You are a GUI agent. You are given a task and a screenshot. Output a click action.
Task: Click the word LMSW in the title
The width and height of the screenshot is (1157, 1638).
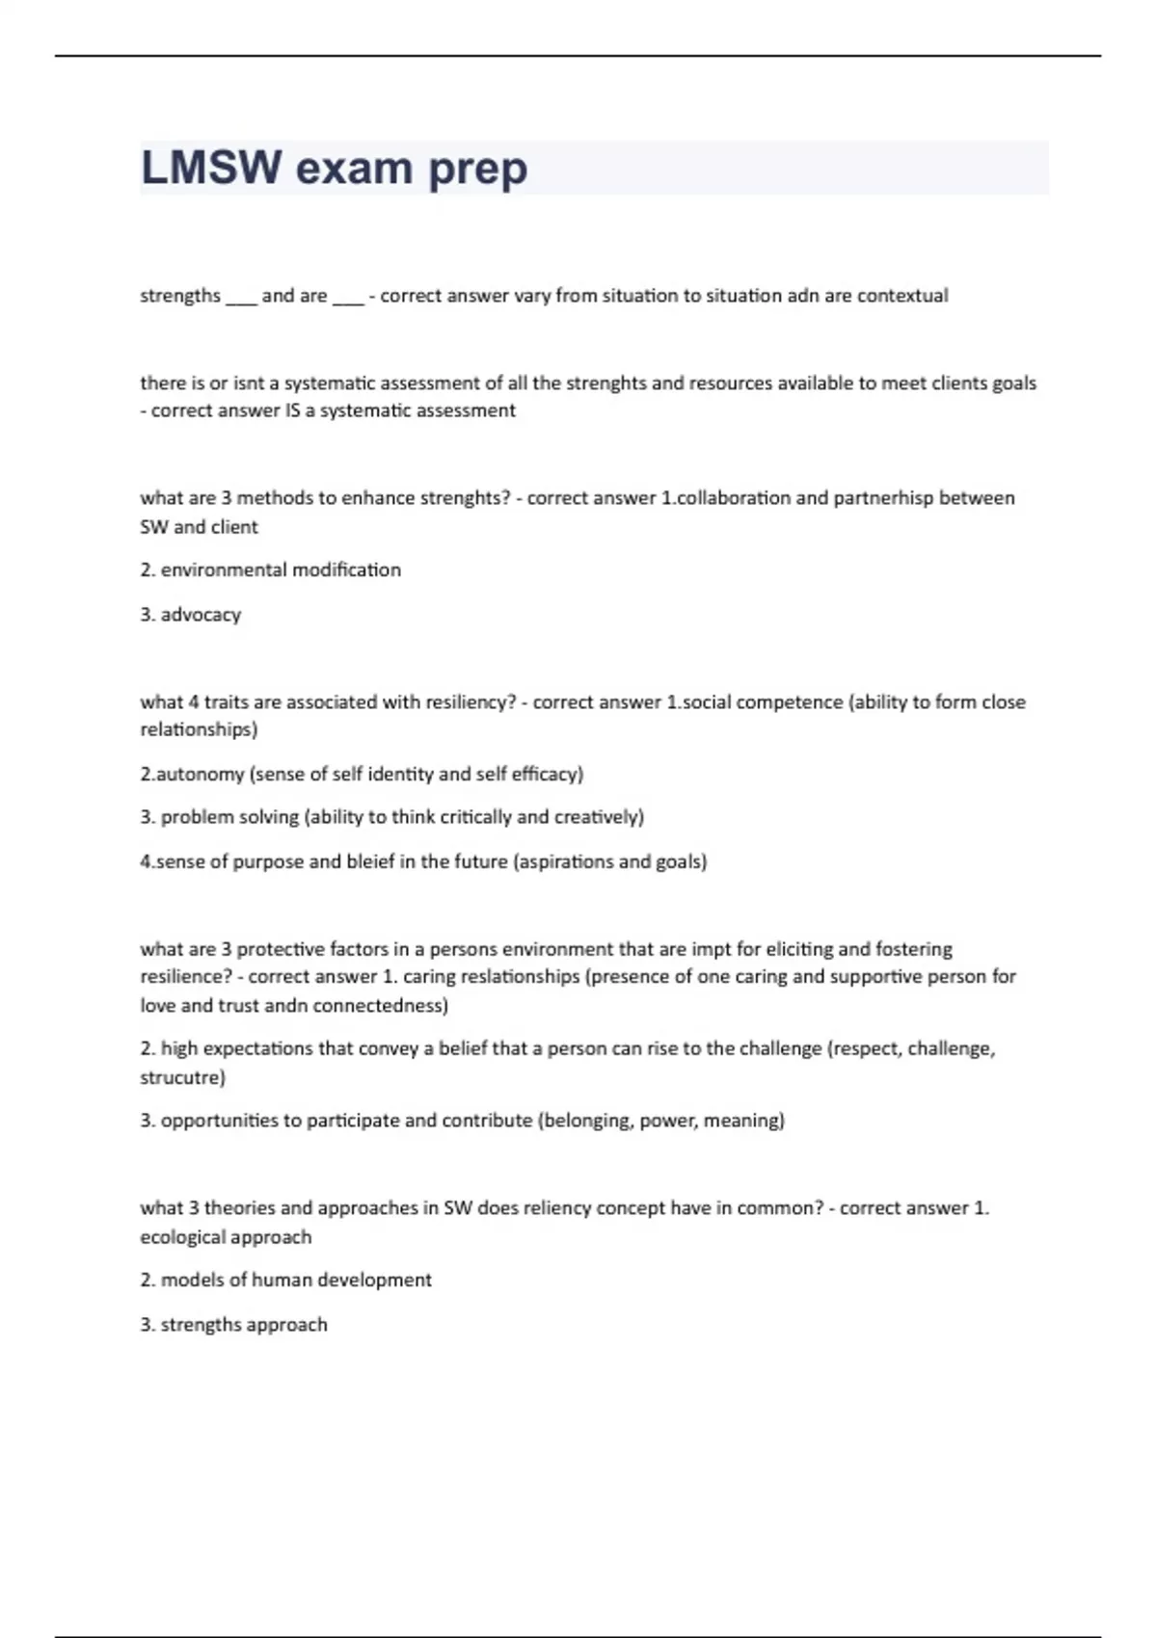click(211, 168)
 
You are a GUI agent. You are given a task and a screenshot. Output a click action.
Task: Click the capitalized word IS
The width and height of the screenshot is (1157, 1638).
click(292, 410)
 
